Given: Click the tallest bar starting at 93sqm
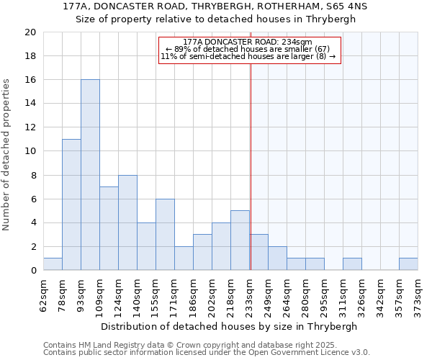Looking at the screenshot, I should tap(90, 175).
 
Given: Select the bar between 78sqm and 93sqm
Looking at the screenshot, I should tap(71, 204).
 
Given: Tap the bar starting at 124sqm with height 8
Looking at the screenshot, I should tap(127, 222).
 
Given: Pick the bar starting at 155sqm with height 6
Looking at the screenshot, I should tap(165, 235).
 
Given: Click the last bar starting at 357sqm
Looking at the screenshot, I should tap(408, 264).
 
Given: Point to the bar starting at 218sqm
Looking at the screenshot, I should tap(240, 240).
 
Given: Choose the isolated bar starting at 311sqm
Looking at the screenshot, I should tap(352, 264).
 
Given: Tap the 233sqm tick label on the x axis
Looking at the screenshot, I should tap(250, 293).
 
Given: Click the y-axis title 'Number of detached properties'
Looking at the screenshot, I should tap(7, 155).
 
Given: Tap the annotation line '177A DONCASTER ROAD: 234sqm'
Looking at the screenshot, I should tap(247, 42).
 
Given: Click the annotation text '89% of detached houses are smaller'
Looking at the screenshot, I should tap(248, 48).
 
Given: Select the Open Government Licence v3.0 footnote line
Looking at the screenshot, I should tap(207, 353).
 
